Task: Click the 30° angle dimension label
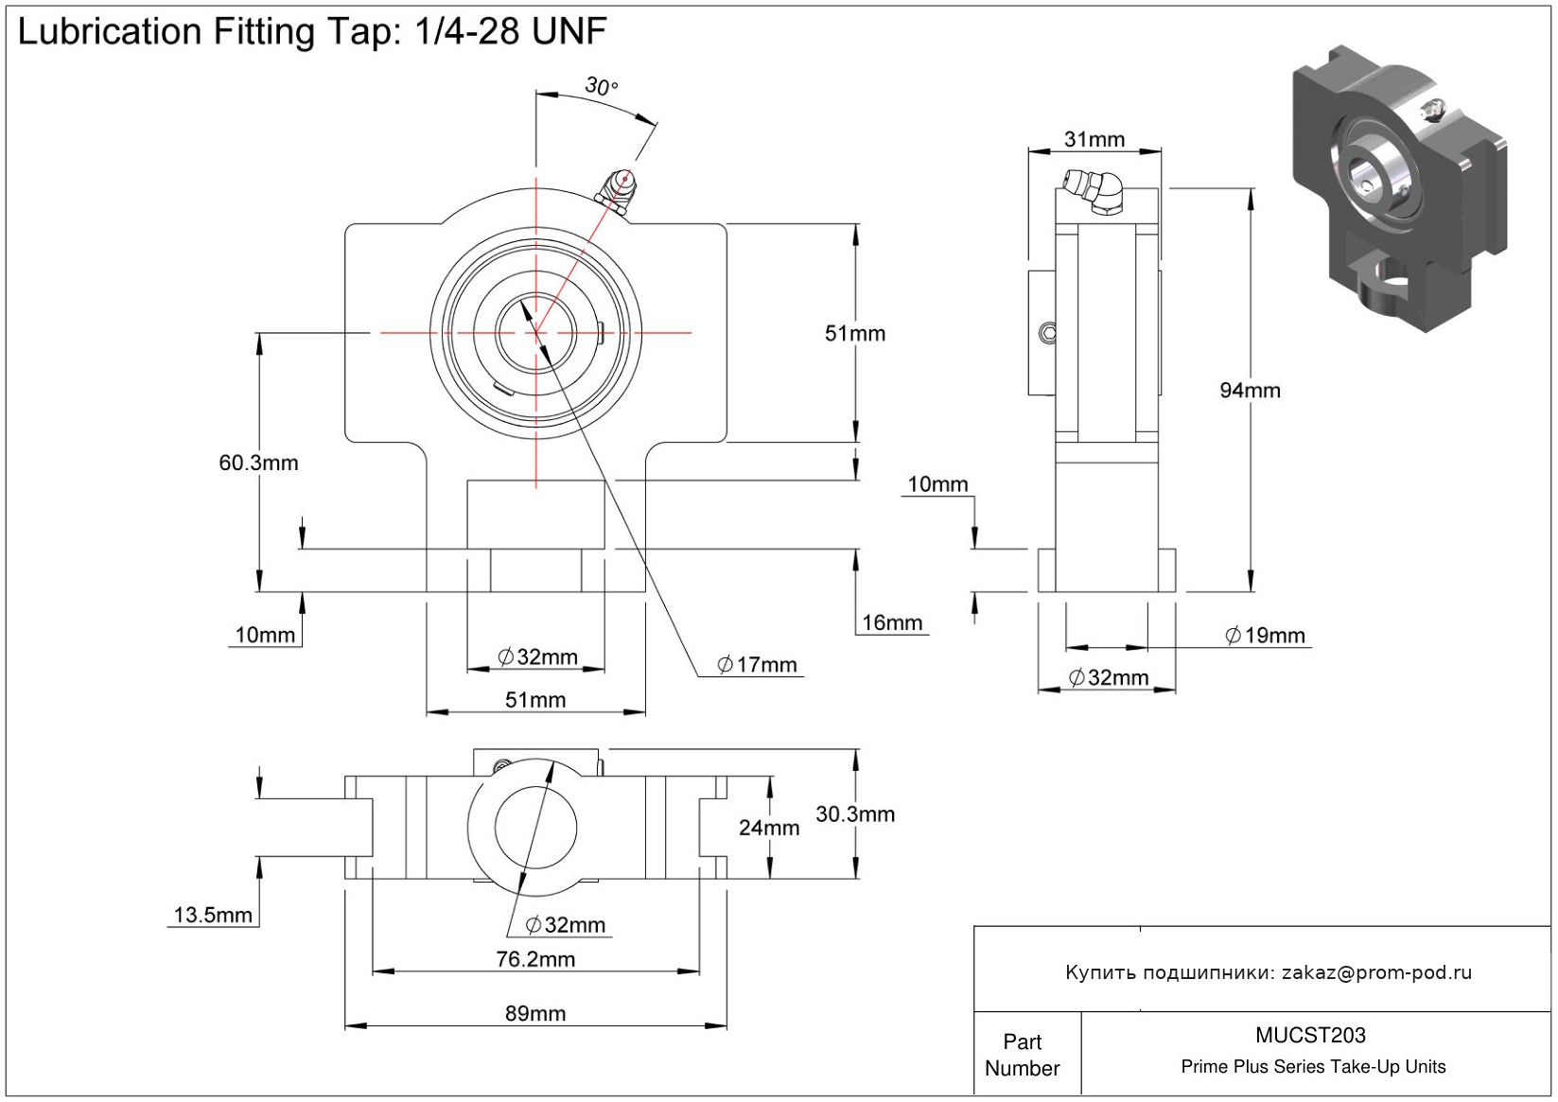click(601, 87)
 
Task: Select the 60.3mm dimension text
click(258, 463)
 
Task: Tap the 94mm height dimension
click(1250, 390)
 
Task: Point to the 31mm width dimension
click(1094, 140)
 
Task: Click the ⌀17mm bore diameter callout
click(757, 665)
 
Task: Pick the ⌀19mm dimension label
click(1265, 636)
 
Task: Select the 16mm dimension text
click(891, 622)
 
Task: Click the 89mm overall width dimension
click(535, 1013)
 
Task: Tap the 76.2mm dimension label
click(535, 959)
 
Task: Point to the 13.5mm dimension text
click(213, 915)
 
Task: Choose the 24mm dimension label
click(769, 828)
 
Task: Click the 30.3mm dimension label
click(855, 813)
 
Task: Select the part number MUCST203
click(1310, 1036)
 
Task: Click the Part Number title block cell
click(1022, 1055)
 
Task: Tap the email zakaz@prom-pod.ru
click(1376, 972)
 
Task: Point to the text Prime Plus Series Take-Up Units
click(1313, 1067)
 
